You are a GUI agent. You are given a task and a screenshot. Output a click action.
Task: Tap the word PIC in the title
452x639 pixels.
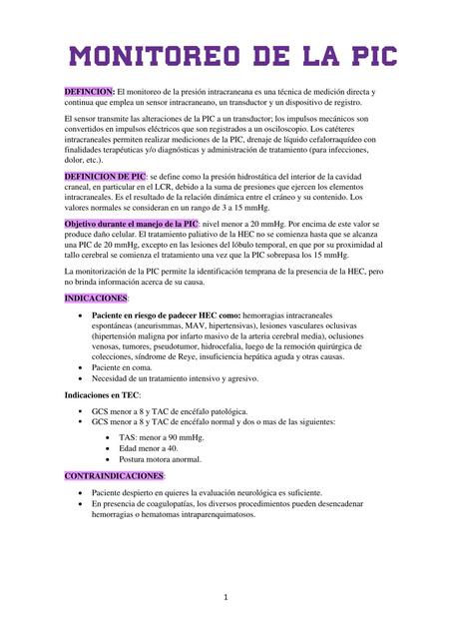pos(362,54)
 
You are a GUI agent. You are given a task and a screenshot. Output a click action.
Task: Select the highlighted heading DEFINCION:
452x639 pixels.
pos(89,91)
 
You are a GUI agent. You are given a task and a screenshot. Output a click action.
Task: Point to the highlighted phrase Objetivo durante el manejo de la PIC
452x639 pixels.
pos(130,224)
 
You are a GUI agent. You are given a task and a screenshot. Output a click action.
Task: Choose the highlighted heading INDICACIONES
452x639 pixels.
pos(96,299)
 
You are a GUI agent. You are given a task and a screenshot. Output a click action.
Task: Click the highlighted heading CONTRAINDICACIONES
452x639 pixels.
pos(113,476)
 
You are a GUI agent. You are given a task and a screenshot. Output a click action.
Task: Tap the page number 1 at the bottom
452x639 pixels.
pos(226,597)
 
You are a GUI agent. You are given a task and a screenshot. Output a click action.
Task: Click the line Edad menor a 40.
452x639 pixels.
pos(150,448)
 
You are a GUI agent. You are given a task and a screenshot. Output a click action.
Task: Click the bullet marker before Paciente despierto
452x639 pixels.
pos(80,493)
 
